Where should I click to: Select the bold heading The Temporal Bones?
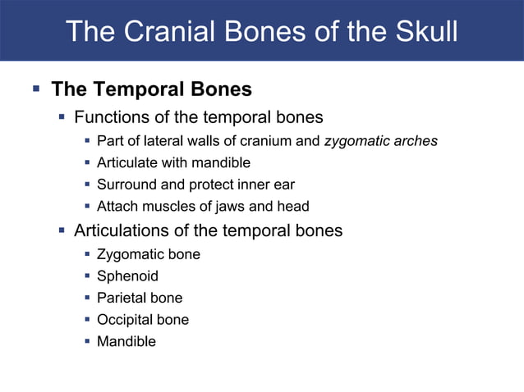(x=151, y=89)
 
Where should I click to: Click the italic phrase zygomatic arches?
(x=381, y=141)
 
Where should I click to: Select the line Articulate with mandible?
(x=173, y=162)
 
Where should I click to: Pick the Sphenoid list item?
(x=127, y=276)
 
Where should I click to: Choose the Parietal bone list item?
(x=140, y=298)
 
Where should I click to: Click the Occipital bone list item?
(x=143, y=319)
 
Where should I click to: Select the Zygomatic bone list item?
(x=149, y=254)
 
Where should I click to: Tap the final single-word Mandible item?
(x=126, y=341)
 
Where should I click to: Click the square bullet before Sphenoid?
(x=87, y=276)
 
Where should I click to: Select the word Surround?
(x=123, y=185)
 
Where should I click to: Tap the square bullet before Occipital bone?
(x=87, y=319)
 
